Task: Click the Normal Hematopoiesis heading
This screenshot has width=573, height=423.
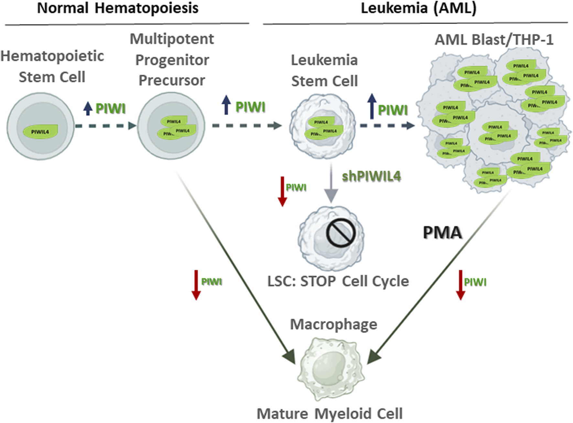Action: point(118,8)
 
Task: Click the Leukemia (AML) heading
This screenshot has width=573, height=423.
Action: point(418,8)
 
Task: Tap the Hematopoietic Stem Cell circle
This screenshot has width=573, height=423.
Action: point(40,126)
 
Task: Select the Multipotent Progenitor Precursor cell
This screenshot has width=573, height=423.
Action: point(171,126)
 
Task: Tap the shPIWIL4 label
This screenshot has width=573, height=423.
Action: point(371,176)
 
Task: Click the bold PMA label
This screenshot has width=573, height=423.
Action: point(442,233)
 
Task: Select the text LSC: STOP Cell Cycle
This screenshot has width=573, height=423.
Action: point(338,281)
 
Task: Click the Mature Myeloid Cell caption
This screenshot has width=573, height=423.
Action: point(330,414)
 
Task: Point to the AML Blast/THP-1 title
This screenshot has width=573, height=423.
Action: point(494,40)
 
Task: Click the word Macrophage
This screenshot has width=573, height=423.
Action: point(333,324)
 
